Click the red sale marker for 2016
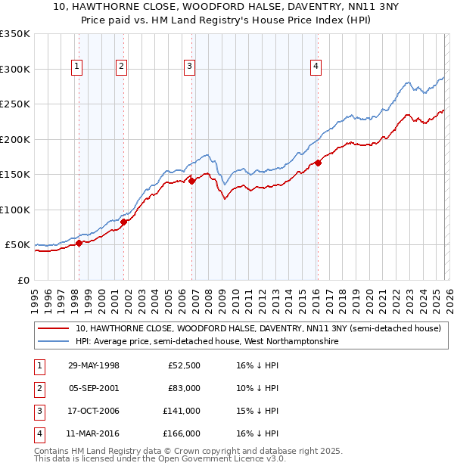[x=318, y=163]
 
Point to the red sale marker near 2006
[x=192, y=181]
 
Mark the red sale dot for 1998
[x=79, y=243]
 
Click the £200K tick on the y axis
[x=15, y=139]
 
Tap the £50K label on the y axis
[x=17, y=245]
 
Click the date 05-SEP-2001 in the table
[x=94, y=388]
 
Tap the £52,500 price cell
[x=184, y=365]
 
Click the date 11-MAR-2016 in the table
[x=94, y=433]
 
